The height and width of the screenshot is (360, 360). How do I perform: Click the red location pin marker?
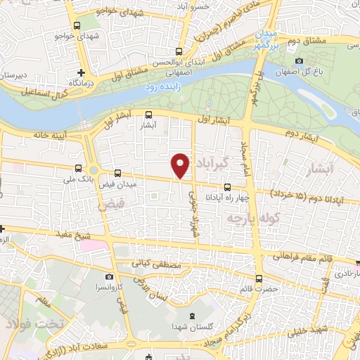click(181, 165)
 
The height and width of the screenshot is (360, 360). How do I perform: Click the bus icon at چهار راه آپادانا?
click(226, 187)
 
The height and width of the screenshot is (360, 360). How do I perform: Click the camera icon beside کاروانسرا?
click(109, 278)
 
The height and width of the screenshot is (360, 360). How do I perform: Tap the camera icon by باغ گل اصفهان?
click(300, 60)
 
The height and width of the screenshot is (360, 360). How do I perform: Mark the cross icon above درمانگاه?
click(82, 72)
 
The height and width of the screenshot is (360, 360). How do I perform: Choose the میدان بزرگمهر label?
click(267, 39)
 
